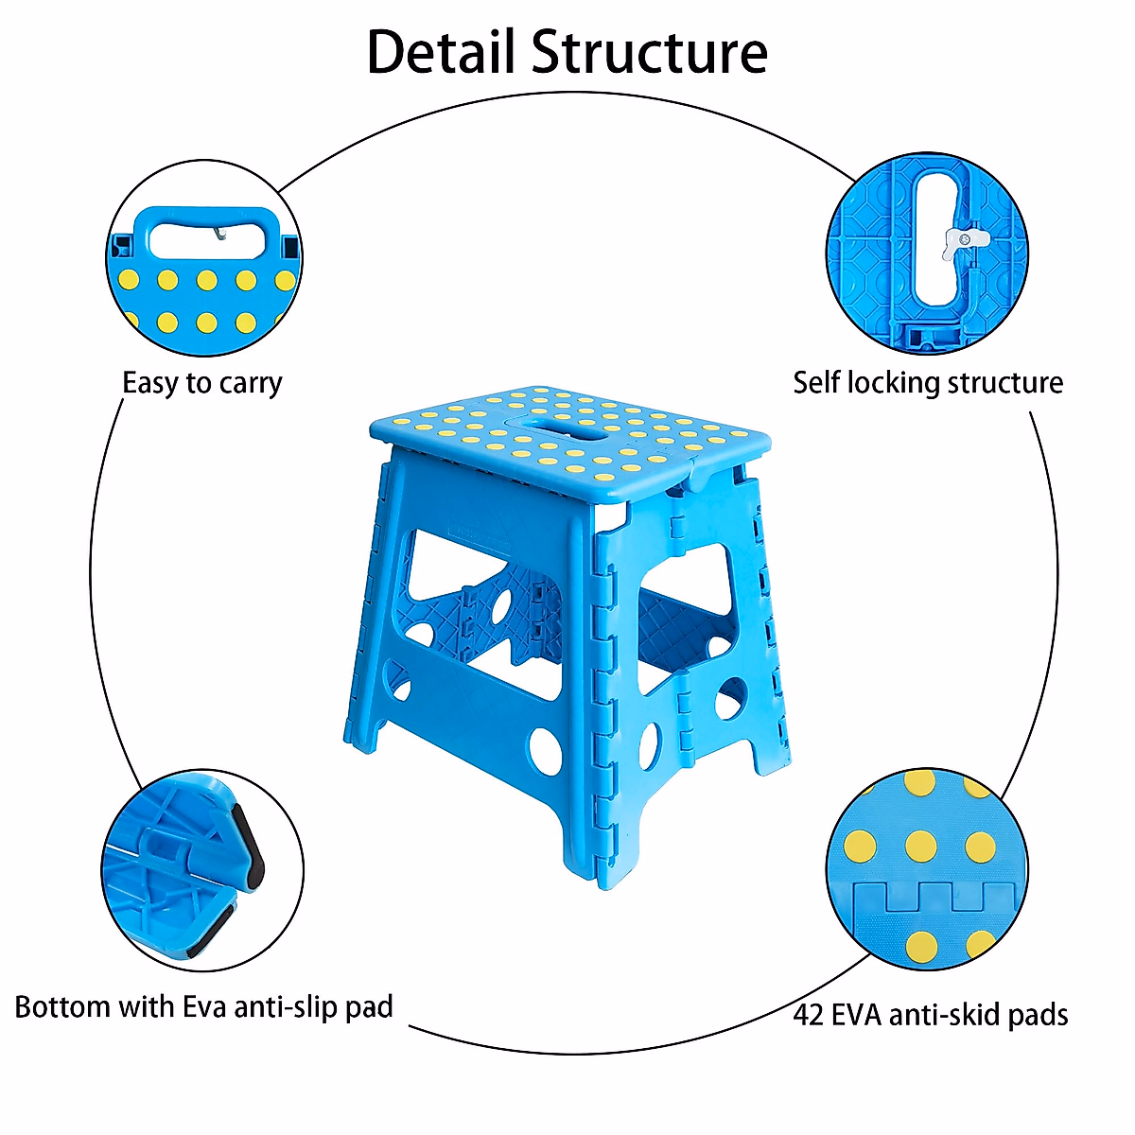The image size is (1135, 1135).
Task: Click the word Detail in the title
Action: [x=442, y=52]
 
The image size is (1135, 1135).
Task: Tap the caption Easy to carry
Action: [x=202, y=383]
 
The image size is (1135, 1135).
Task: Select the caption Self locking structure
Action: [x=928, y=382]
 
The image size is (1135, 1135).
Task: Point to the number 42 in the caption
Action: [x=809, y=1015]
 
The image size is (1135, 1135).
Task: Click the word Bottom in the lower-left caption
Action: [x=62, y=1006]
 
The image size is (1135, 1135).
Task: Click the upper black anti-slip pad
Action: [x=251, y=847]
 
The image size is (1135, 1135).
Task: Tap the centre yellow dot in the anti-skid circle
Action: [x=920, y=846]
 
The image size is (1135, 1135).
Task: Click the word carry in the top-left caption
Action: [x=251, y=383]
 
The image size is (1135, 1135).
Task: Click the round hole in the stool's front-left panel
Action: [x=546, y=750]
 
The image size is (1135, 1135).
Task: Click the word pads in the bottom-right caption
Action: [x=1038, y=1015]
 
